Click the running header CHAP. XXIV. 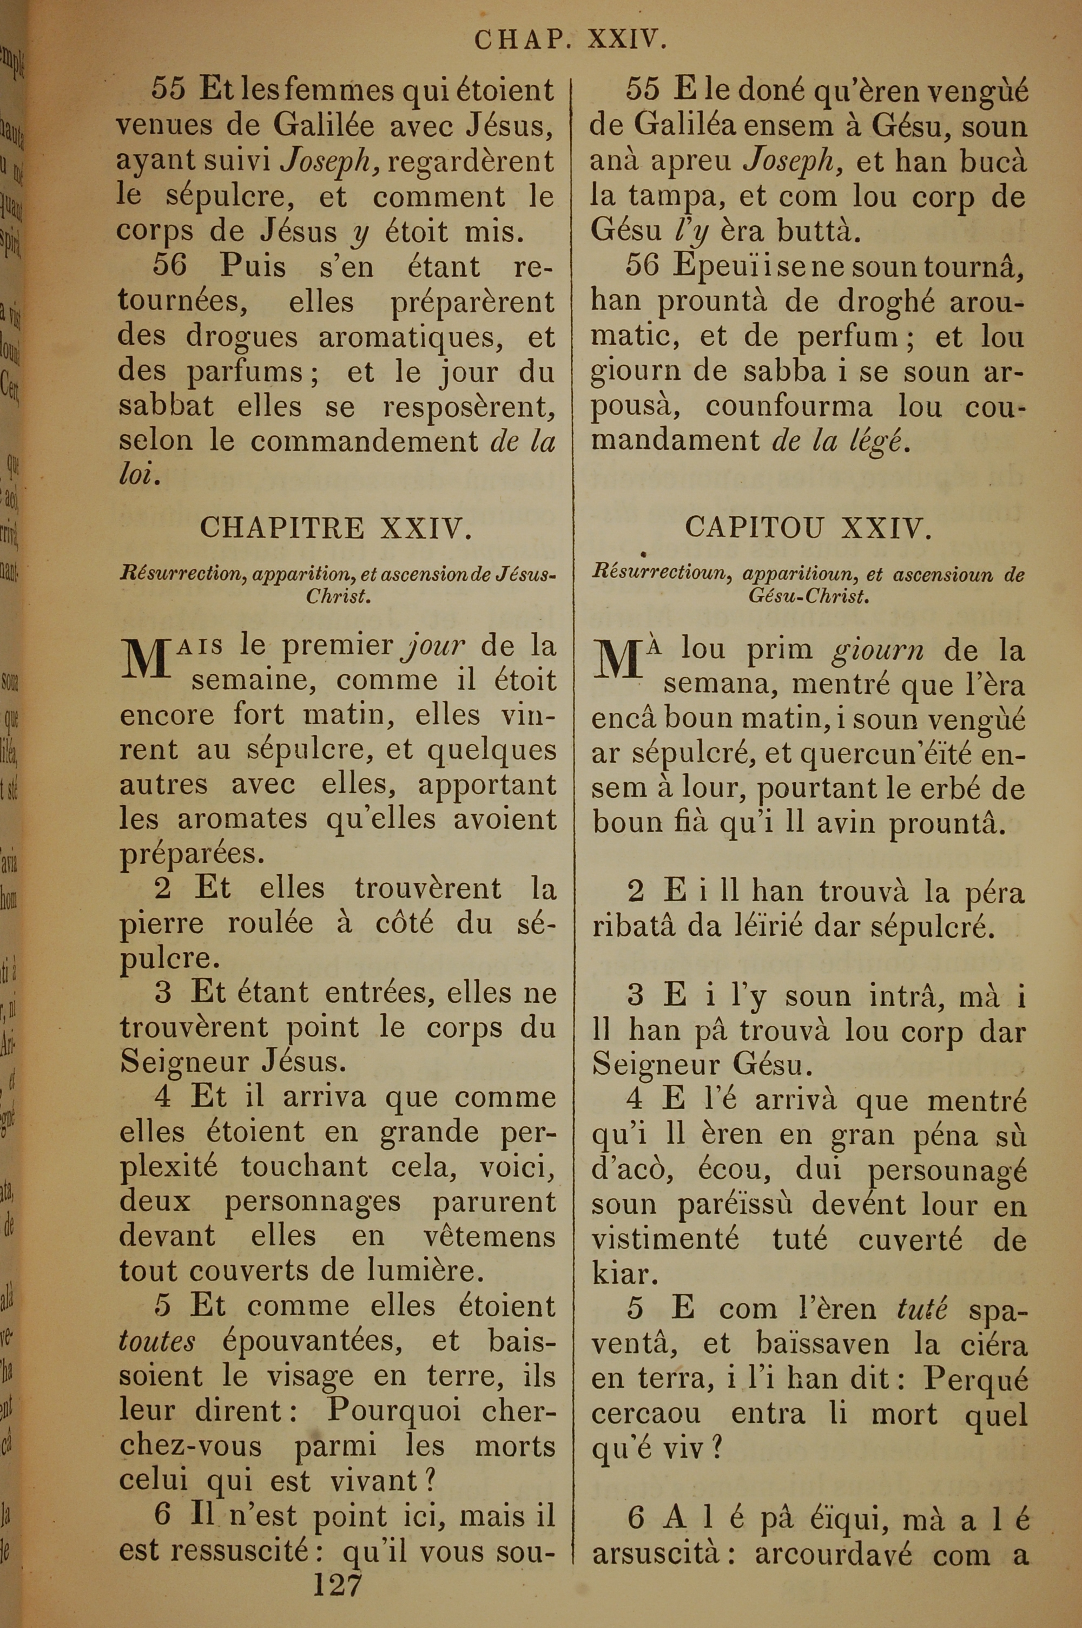point(570,40)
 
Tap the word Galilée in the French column point(324,126)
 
